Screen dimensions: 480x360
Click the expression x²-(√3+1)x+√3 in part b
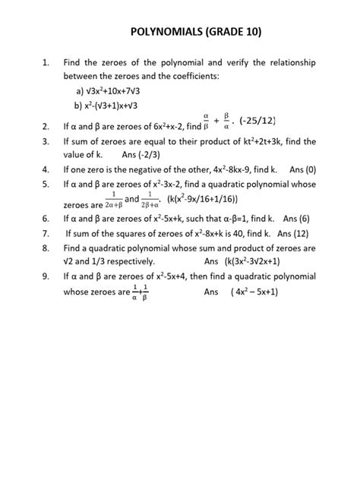click(125, 106)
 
